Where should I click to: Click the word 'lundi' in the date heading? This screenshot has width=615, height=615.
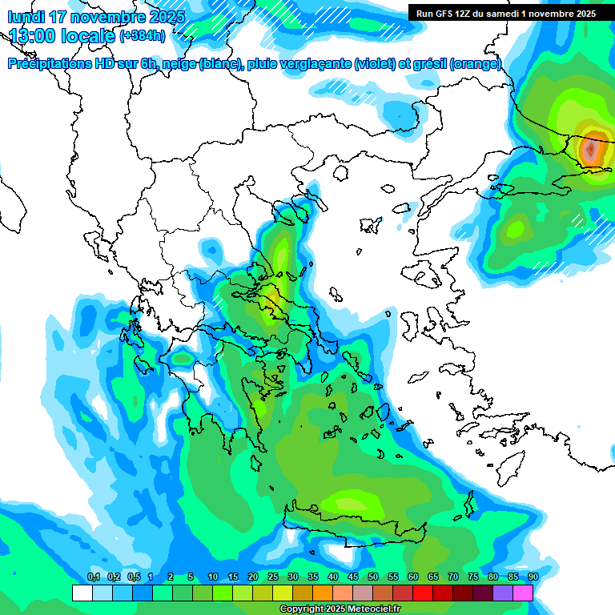click(27, 17)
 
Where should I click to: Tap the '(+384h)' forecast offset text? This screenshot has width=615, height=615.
click(142, 35)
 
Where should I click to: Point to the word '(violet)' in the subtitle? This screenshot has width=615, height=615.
click(375, 64)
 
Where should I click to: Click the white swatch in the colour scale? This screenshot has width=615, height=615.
click(82, 593)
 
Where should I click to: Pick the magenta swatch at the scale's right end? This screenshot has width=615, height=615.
click(523, 593)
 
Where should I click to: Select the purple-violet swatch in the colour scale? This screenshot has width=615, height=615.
click(503, 593)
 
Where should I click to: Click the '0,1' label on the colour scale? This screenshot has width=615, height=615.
click(93, 577)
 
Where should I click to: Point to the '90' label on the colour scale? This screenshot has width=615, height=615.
click(533, 577)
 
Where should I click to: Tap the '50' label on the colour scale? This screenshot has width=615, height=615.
click(373, 577)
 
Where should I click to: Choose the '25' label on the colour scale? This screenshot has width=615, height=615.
click(273, 577)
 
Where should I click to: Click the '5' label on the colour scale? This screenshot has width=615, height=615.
click(191, 577)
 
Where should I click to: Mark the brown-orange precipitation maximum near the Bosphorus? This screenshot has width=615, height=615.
click(591, 149)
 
